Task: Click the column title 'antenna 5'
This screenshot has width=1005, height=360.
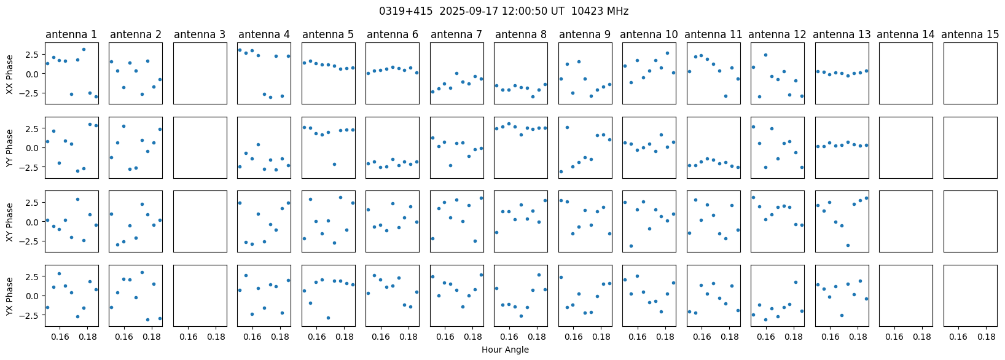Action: [x=328, y=34]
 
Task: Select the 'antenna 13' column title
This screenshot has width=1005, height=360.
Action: [x=842, y=34]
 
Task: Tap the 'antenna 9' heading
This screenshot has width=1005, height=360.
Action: [x=585, y=34]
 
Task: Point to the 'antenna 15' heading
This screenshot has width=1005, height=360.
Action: [x=970, y=34]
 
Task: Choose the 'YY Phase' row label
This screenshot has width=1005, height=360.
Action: [x=10, y=148]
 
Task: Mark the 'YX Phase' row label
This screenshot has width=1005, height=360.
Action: [x=10, y=296]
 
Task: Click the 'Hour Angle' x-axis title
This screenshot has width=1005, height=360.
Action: [x=505, y=350]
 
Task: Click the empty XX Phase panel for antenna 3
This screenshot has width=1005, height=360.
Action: [x=200, y=73]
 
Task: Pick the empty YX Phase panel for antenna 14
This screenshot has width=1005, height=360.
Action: [x=906, y=295]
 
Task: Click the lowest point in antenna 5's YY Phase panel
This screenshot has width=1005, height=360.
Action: [x=334, y=164]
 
